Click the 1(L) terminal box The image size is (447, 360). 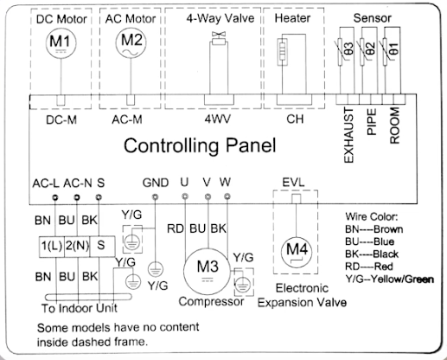52,247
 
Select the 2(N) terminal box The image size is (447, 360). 77,247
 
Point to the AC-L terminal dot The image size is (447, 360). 55,197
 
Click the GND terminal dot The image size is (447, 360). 155,197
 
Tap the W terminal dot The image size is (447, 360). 227,196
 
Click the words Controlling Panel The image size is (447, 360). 200,145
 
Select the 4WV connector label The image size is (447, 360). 218,119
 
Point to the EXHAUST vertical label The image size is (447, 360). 348,135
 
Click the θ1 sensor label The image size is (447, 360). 394,48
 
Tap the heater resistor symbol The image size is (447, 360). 282,52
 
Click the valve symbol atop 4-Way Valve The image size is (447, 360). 219,38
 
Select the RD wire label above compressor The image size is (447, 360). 176,228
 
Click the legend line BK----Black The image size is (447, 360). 372,254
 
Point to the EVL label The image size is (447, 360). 293,183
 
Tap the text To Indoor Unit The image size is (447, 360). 80,308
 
